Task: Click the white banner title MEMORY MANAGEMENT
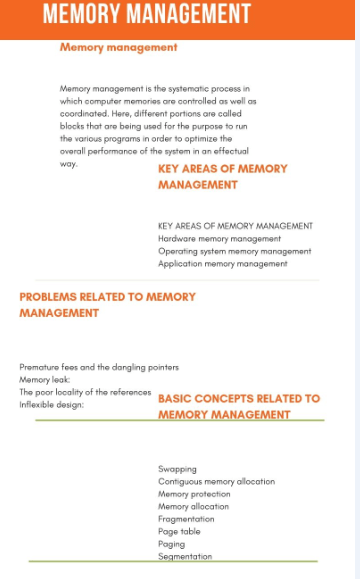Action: (x=146, y=15)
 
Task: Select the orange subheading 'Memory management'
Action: (x=118, y=47)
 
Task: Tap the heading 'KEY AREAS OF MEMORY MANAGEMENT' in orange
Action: (x=222, y=177)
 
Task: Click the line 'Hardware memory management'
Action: (x=219, y=239)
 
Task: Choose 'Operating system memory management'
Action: (x=234, y=251)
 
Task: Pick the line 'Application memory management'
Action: (x=222, y=264)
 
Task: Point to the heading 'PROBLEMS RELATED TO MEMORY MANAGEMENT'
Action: (x=107, y=305)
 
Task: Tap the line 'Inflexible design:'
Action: (x=52, y=405)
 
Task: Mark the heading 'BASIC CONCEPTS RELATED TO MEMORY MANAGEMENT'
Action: (x=239, y=406)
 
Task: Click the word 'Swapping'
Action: (x=177, y=469)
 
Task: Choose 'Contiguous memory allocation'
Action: (x=216, y=482)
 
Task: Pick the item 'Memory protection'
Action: (x=194, y=494)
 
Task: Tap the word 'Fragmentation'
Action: (x=186, y=519)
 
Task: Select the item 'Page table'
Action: (x=179, y=532)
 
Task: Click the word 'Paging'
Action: (x=171, y=544)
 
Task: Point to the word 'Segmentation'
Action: (x=185, y=557)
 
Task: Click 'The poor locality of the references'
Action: (x=85, y=392)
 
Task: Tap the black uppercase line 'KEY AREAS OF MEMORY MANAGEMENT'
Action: (x=235, y=226)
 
